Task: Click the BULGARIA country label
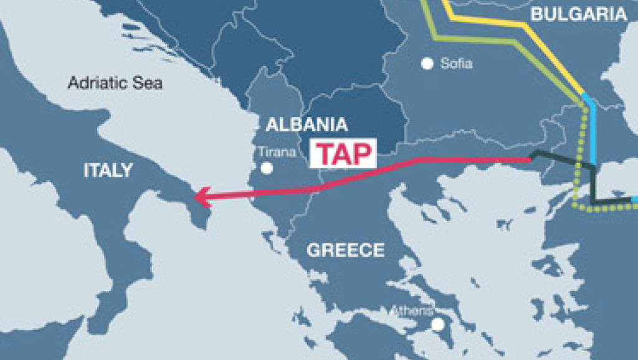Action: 579,14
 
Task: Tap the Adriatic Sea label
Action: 115,83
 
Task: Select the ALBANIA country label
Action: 307,124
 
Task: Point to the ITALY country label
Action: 108,170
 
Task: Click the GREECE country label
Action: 346,250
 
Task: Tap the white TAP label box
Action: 344,153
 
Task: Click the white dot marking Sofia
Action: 427,63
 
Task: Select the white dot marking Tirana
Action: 267,168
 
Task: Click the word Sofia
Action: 456,63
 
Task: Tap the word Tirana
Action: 277,152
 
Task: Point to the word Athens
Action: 411,310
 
